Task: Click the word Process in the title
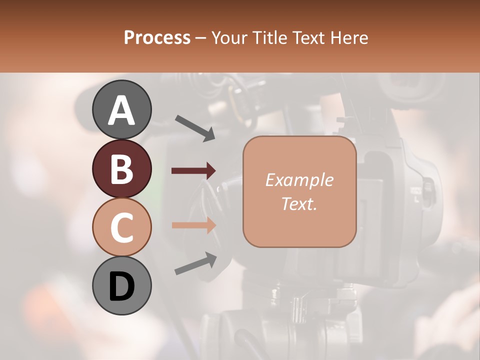coord(157,37)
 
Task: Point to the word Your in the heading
coord(230,37)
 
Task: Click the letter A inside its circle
coord(121,110)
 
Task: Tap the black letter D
coord(121,286)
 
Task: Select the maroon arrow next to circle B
coord(194,171)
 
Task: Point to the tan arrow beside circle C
coord(194,225)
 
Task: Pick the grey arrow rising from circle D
coord(195,263)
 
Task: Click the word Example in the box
coord(299,180)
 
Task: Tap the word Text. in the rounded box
coord(299,204)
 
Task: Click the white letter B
coord(121,169)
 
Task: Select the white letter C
coord(121,228)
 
